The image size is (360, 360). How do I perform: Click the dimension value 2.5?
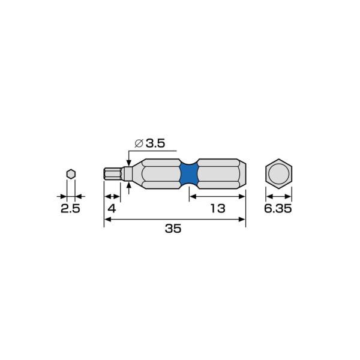click(x=70, y=208)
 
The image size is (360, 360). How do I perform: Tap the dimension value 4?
click(x=112, y=208)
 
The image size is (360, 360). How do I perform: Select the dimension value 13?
click(x=218, y=208)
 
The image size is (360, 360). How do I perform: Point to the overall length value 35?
click(x=173, y=229)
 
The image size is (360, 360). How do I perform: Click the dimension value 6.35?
click(x=278, y=208)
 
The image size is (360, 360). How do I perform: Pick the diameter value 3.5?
click(x=155, y=143)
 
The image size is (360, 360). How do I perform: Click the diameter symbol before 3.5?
click(x=139, y=143)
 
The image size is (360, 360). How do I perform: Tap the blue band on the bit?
click(x=189, y=174)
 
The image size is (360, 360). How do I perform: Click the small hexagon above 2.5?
click(x=71, y=174)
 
